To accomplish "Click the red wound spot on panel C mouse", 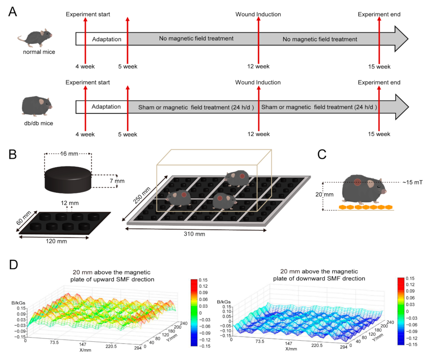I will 357,182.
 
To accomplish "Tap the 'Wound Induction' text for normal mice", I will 258,15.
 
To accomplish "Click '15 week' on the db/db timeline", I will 379,134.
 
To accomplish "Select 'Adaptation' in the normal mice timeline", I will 106,39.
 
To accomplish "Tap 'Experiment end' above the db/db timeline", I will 379,82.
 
